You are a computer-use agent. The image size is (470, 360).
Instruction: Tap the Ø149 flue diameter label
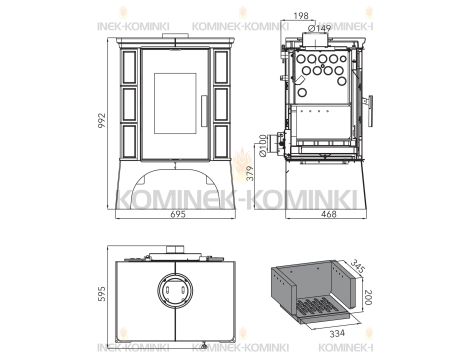pos(320,28)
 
